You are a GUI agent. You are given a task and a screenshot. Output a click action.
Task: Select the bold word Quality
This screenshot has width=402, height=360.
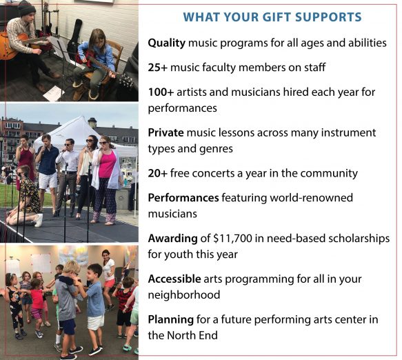point(167,43)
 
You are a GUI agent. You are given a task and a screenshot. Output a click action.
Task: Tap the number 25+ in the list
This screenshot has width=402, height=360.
point(158,68)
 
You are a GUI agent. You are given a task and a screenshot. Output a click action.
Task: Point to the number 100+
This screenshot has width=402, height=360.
point(161,92)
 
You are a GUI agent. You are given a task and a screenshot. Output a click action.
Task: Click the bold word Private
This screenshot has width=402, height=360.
point(166,132)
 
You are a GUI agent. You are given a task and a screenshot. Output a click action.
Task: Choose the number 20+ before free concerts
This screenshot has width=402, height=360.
point(158,173)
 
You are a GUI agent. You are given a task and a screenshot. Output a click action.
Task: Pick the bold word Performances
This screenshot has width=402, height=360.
point(183,198)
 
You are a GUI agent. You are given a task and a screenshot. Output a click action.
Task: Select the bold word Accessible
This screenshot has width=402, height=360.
point(174,279)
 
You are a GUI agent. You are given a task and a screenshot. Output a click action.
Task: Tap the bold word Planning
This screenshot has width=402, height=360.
point(171,320)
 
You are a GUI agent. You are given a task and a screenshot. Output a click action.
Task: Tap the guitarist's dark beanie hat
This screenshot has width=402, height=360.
point(26,8)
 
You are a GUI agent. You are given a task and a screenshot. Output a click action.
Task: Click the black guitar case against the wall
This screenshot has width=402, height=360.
point(74,36)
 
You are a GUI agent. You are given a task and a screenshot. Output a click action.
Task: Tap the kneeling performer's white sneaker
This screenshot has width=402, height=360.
point(39,221)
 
